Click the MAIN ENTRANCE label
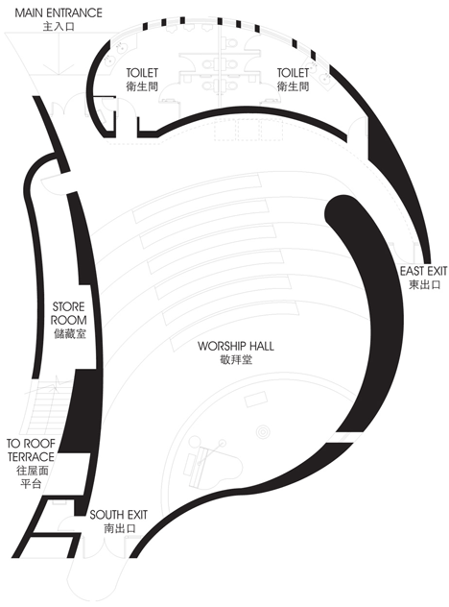coord(59,12)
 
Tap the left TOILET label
coord(142,73)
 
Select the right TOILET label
coord(293,73)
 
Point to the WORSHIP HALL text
coord(235,346)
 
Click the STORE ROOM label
coord(69,313)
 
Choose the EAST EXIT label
coord(423,271)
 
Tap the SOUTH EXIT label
coord(118,515)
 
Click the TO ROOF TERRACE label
coord(31,449)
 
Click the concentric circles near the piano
coord(264,432)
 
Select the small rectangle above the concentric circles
coord(256,400)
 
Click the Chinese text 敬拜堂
coord(235,359)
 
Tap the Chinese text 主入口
coord(59,27)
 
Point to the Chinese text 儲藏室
coord(70,333)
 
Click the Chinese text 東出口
coord(425,285)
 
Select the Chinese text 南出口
coord(120,528)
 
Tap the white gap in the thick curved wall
coord(346,437)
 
